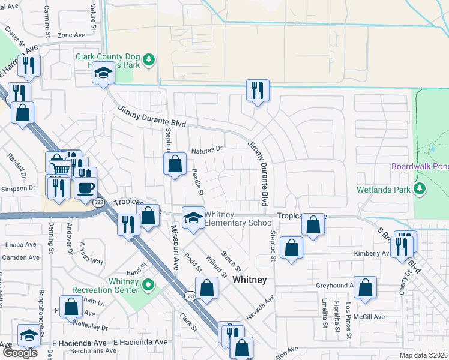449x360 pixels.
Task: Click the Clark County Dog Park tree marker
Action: point(149,59)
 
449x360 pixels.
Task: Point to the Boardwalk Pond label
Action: point(420,166)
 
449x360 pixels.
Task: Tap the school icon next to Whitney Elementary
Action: point(193,218)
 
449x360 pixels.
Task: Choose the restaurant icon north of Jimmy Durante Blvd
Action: point(257,91)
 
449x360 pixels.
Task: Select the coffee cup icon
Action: point(85,188)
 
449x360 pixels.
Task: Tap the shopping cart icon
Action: point(59,169)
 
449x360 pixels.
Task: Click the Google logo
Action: point(20,352)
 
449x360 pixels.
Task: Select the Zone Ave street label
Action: point(72,35)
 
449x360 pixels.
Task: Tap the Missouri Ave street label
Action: point(174,247)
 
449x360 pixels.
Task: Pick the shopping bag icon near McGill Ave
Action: point(365,289)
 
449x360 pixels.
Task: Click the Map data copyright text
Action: point(424,355)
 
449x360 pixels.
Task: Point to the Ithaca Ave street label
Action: point(20,245)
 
